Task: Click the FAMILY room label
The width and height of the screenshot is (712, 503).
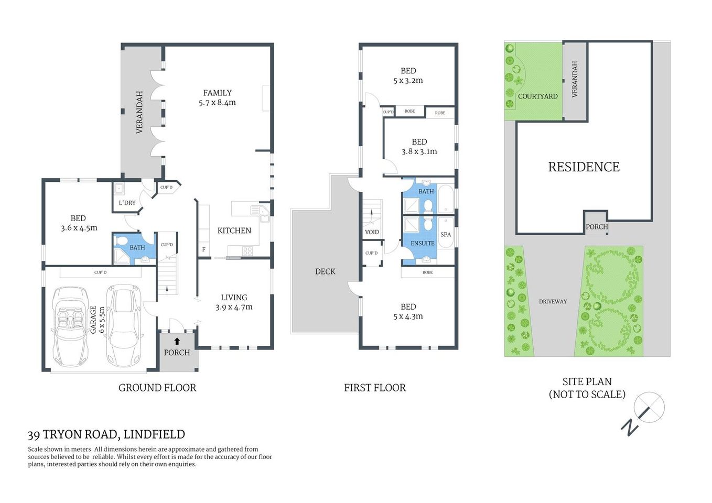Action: (217, 97)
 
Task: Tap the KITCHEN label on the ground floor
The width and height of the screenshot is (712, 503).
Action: (234, 231)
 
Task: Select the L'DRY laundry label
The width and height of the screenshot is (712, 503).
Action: (127, 203)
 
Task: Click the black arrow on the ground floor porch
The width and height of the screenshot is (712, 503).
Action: (177, 341)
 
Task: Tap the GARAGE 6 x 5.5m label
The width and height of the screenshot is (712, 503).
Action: (97, 320)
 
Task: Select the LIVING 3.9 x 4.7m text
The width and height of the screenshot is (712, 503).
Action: (234, 302)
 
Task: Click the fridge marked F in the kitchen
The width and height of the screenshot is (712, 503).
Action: (204, 249)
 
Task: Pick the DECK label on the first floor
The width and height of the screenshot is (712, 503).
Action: (325, 271)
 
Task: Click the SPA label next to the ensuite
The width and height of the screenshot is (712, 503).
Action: (446, 235)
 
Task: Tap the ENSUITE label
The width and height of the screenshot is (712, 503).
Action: (422, 243)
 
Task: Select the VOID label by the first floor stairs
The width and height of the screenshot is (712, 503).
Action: (372, 232)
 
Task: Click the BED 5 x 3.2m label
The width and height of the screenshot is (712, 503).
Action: (408, 75)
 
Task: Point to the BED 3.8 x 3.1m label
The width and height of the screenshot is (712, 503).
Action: (419, 147)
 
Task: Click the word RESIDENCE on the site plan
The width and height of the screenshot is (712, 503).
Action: (584, 167)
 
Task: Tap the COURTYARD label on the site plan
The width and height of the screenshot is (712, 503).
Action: (537, 96)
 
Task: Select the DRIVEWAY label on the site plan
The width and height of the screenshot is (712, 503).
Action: (553, 302)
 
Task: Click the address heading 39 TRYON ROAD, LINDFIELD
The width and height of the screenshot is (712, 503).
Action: (106, 434)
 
